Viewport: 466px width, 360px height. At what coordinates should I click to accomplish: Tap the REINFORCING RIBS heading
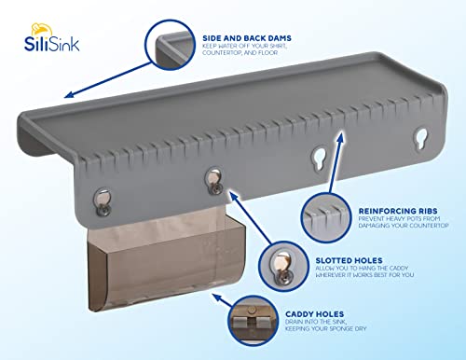click(x=391, y=198)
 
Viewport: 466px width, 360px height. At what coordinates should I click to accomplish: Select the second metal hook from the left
click(x=212, y=176)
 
